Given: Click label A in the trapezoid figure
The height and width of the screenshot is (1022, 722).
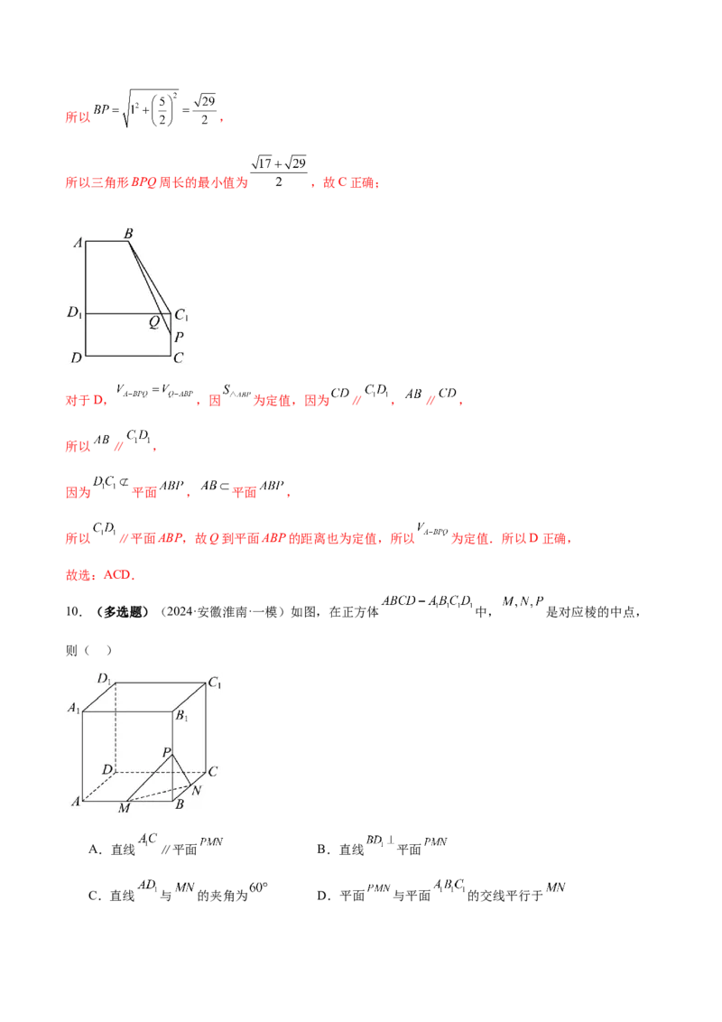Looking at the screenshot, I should (x=79, y=243).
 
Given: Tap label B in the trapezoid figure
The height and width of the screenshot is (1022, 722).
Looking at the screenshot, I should (x=128, y=234).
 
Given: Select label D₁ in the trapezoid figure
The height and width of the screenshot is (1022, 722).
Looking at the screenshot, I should (x=75, y=313).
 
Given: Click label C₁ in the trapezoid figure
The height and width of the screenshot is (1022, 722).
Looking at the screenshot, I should (x=181, y=315).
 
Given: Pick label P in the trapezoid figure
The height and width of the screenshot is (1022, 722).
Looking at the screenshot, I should (x=179, y=338).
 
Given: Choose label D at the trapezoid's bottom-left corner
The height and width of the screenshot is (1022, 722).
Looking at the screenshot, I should (x=76, y=358).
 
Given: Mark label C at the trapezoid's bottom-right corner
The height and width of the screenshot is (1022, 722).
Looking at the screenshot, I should (x=179, y=358).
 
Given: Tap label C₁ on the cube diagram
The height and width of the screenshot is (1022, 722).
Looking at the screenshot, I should (x=215, y=683).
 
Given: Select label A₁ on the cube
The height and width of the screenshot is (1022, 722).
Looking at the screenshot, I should (x=73, y=709).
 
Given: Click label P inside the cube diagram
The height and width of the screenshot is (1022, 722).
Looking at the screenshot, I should (x=166, y=751).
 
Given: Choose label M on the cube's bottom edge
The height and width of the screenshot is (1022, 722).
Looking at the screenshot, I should (x=124, y=809).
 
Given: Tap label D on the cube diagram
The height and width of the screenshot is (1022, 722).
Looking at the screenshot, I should (x=106, y=769).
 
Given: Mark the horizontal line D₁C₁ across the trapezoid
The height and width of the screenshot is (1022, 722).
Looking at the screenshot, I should (x=117, y=314).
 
